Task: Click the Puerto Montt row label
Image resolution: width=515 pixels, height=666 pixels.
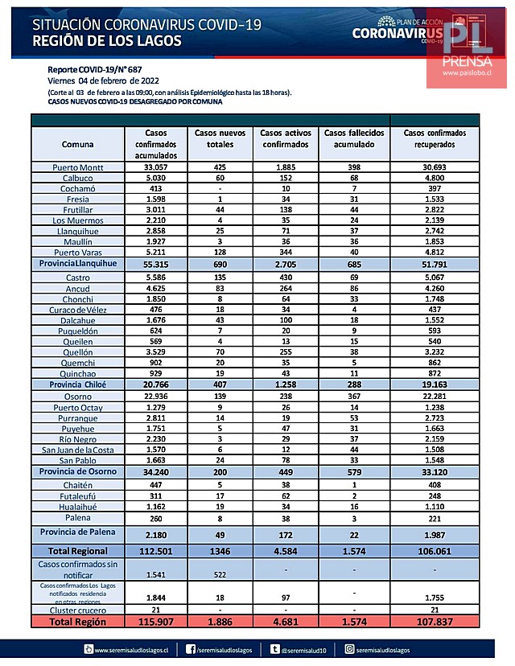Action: point(78,167)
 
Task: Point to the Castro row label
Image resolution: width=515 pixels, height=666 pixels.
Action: point(78,276)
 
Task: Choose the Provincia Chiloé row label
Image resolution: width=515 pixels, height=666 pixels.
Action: point(78,385)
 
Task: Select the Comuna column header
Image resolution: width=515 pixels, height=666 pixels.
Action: point(78,144)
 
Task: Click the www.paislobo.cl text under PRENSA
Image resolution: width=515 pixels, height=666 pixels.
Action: point(472,72)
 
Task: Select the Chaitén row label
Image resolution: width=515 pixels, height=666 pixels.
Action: point(78,485)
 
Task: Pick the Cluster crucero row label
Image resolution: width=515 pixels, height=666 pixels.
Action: point(78,611)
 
